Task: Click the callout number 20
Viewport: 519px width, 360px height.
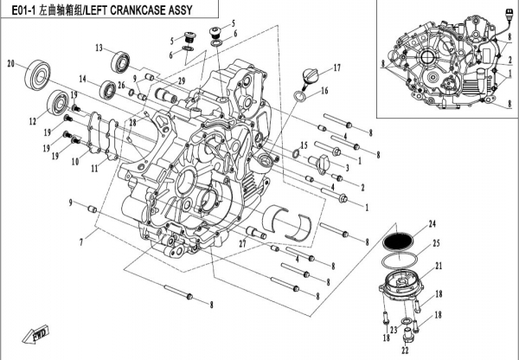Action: [11, 64]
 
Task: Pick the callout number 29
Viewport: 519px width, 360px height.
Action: [182, 80]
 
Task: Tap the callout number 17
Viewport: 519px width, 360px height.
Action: [338, 67]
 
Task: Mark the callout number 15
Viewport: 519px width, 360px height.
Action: [304, 145]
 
